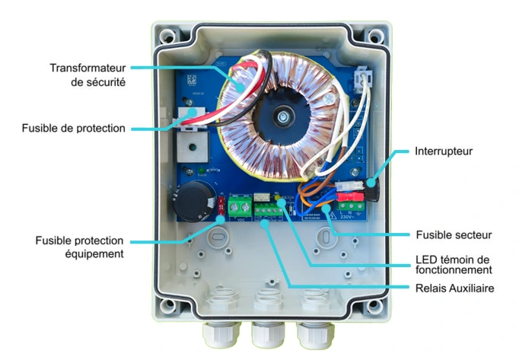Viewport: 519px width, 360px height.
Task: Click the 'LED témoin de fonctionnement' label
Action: (454, 263)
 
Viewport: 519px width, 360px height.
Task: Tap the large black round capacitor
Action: (190, 199)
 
